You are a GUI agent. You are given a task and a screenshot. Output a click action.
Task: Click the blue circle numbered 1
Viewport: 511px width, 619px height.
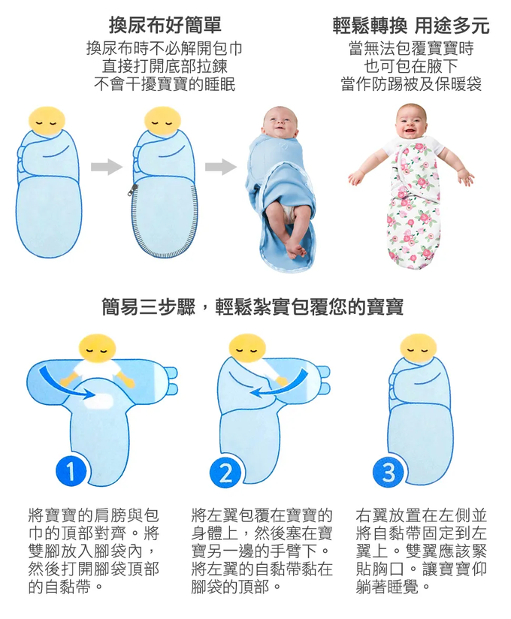pos(71,471)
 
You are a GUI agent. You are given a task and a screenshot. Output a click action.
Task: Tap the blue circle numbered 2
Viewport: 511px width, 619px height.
pos(225,473)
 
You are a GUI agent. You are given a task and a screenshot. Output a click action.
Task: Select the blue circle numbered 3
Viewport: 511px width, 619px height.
pos(389,473)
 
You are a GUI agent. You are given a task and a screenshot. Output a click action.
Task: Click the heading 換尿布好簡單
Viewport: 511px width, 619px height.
pos(165,26)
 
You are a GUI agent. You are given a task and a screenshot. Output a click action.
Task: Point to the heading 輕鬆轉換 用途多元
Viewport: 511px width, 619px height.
pos(411,26)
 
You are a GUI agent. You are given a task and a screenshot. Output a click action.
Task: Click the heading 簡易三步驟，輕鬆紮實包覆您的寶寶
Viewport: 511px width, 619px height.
pos(252,306)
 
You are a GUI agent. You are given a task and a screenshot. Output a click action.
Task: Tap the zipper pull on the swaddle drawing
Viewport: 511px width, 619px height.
pos(134,189)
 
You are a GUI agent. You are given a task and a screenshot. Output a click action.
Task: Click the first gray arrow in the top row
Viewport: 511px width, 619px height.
pos(107,167)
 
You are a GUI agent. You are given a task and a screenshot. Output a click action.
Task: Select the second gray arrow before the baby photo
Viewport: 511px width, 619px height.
pos(221,167)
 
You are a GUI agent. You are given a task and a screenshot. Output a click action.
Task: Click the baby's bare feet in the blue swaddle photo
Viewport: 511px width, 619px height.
pos(294,249)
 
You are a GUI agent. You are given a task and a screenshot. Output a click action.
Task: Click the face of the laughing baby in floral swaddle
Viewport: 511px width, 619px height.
pos(411,121)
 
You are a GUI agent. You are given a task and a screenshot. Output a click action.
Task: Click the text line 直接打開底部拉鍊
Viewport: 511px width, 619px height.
pos(165,66)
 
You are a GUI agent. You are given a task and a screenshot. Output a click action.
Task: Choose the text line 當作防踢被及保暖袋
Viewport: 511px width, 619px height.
pos(411,84)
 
